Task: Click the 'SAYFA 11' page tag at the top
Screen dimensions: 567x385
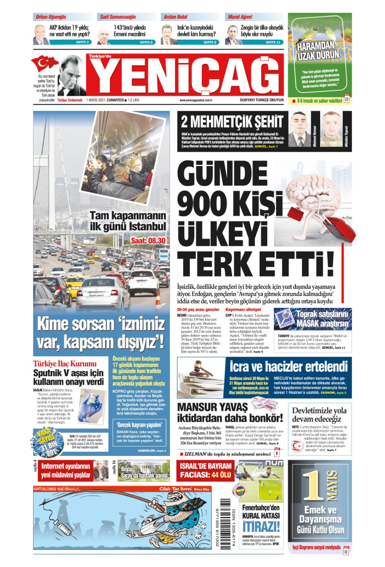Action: (x=273, y=42)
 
